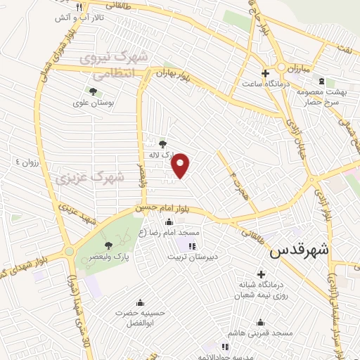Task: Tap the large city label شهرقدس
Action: click(300, 249)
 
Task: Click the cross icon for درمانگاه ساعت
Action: click(264, 73)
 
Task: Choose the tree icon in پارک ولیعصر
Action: click(108, 245)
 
